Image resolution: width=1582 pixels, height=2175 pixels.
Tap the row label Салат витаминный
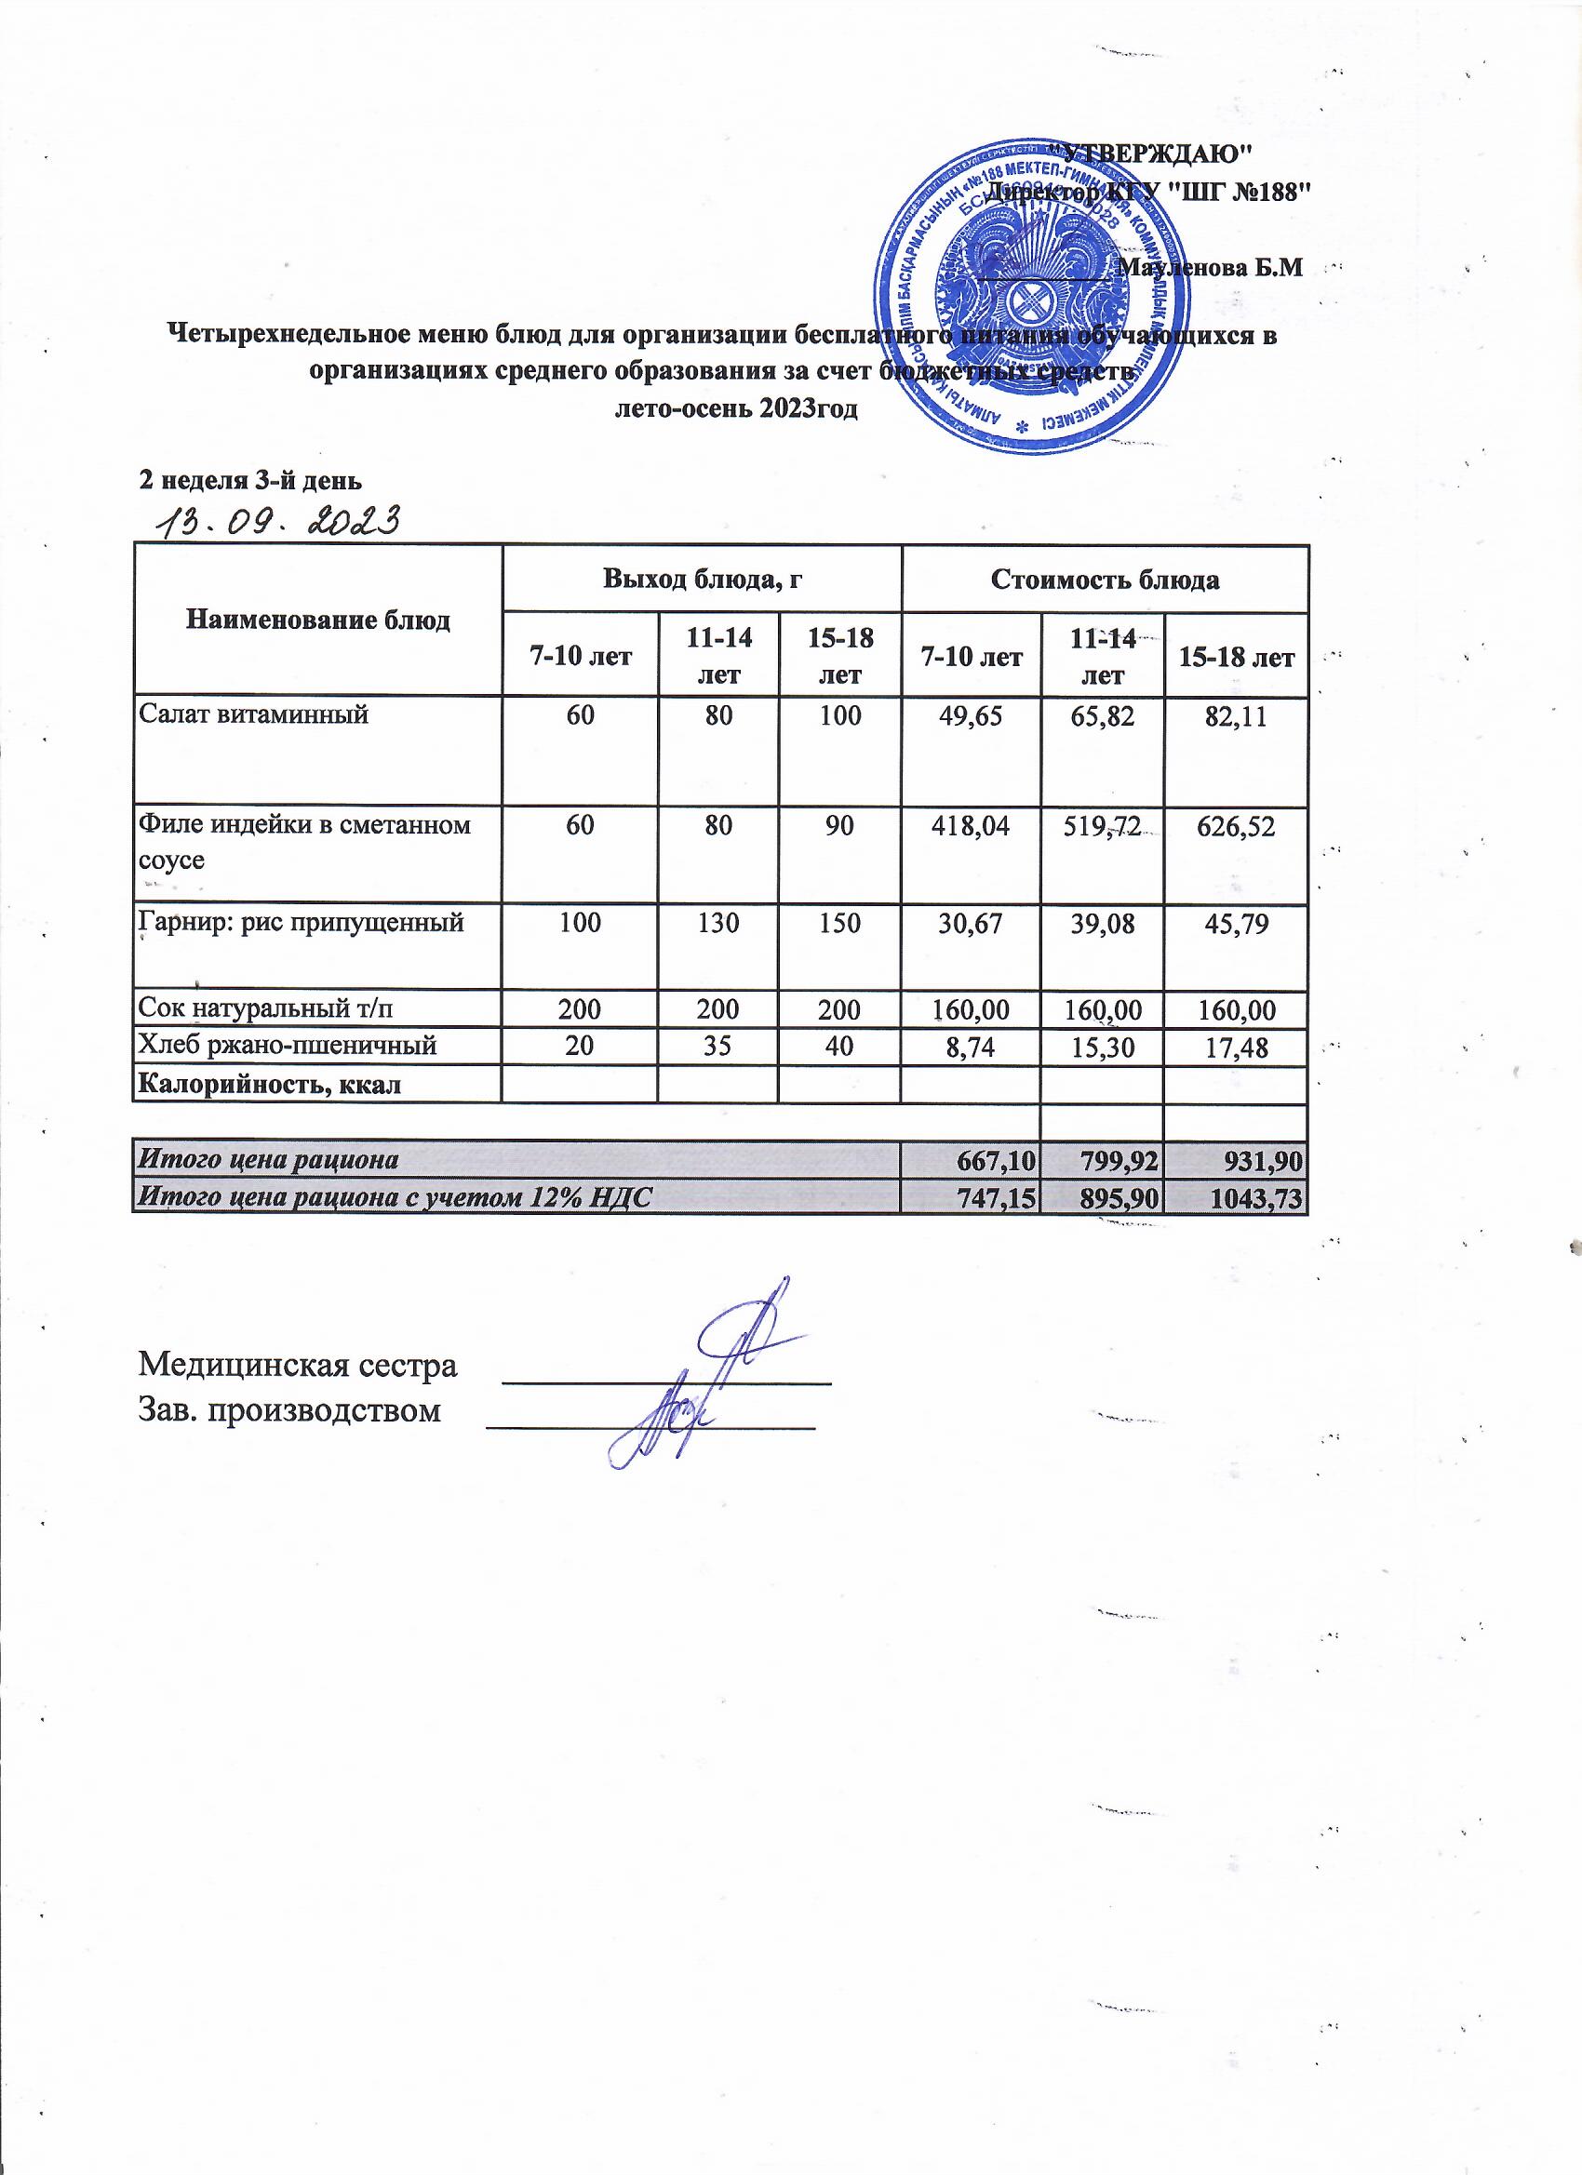pyautogui.click(x=254, y=714)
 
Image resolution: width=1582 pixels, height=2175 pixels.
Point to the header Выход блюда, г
pyautogui.click(x=702, y=580)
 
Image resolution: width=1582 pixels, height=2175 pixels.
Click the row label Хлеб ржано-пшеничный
pyautogui.click(x=288, y=1046)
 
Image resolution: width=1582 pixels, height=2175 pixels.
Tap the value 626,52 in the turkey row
pyautogui.click(x=1236, y=827)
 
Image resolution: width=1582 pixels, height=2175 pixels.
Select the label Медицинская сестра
pyautogui.click(x=299, y=1366)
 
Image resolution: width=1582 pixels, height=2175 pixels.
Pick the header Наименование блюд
pyautogui.click(x=317, y=620)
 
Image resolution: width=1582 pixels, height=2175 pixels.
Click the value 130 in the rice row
pyautogui.click(x=717, y=924)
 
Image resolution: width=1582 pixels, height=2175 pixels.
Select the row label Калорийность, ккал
pyautogui.click(x=270, y=1085)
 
